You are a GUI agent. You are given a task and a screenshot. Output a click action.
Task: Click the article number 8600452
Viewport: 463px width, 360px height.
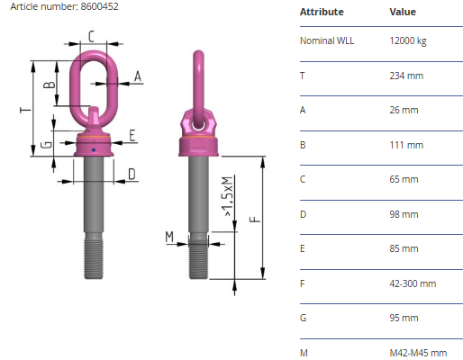click(x=99, y=6)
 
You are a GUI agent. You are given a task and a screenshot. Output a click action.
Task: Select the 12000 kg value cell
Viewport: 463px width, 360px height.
click(x=408, y=40)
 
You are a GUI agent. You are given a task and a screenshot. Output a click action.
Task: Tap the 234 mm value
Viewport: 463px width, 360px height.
click(x=406, y=76)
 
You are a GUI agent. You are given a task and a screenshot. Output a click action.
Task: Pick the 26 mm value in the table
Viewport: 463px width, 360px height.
click(x=404, y=110)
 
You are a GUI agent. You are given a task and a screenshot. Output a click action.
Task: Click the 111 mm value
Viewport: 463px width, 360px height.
click(x=406, y=145)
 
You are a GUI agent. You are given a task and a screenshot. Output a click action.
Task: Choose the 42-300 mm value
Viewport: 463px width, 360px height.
click(x=413, y=283)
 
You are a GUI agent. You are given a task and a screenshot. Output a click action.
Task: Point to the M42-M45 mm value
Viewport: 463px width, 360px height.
click(x=418, y=353)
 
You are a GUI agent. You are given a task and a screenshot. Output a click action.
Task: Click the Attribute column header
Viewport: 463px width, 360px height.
click(x=322, y=12)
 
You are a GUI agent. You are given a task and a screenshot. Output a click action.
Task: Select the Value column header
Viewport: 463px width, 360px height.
click(x=403, y=12)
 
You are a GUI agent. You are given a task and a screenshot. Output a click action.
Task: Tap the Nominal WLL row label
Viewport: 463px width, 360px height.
click(x=327, y=40)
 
